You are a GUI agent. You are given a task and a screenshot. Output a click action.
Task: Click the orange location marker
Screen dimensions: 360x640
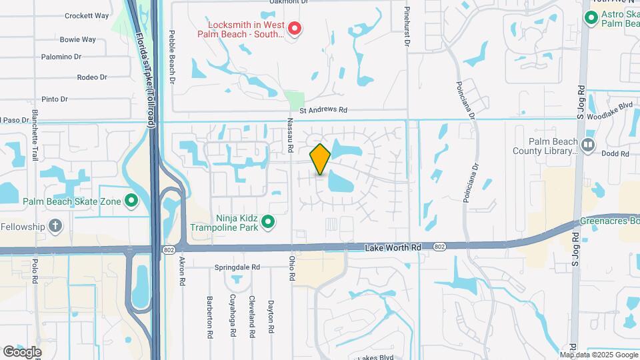pos(320,159)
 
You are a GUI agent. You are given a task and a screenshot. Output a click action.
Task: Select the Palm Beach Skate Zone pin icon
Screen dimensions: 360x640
pos(131,201)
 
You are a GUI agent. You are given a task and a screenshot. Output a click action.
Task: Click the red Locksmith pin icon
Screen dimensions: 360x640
pos(294,29)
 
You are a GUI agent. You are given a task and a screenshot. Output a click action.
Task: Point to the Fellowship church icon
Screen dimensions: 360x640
pos(56,226)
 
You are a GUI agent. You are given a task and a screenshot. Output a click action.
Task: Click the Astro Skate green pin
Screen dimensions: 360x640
pos(591,17)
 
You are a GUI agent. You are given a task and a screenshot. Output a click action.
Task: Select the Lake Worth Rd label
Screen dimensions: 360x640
pos(393,247)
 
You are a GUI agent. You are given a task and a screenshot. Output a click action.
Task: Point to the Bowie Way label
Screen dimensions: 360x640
pos(78,39)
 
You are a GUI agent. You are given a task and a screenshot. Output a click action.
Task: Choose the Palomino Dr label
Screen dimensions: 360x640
pos(61,57)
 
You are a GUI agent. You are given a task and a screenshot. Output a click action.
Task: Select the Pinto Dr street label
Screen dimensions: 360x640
pos(55,99)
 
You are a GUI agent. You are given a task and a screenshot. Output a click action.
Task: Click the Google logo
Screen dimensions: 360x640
pos(22,351)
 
